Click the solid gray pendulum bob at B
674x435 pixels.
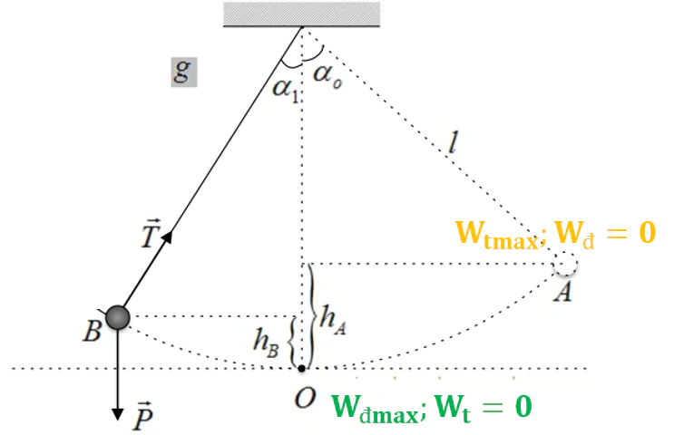(118, 317)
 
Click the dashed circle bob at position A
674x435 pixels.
(565, 264)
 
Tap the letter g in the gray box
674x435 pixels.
(183, 72)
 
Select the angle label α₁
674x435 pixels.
(285, 89)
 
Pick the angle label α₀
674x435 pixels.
(327, 73)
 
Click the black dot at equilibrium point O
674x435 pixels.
(302, 368)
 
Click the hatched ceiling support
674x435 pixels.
(300, 14)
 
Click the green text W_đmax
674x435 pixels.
(376, 407)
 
